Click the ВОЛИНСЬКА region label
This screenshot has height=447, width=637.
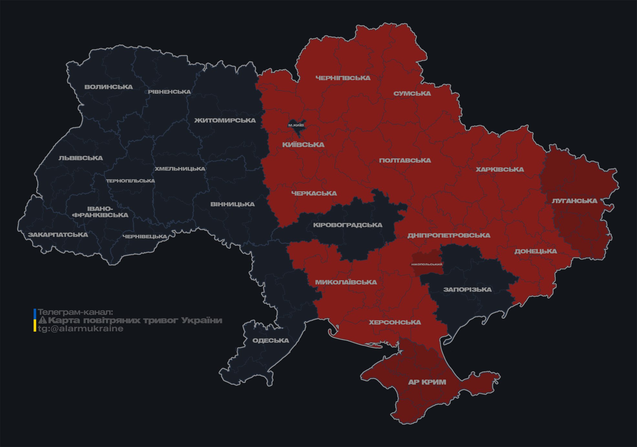[x=109, y=87]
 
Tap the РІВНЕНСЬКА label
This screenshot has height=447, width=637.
[x=169, y=92]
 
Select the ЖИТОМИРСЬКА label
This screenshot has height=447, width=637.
[x=225, y=121]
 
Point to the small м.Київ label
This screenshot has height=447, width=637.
[x=296, y=125]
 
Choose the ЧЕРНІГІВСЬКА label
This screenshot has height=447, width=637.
[x=343, y=78]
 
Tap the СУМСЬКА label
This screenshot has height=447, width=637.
[x=412, y=94]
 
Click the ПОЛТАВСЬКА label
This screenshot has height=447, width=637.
[x=405, y=161]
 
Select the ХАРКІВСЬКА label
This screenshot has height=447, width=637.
[x=500, y=170]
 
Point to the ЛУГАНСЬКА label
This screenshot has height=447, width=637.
[x=574, y=201]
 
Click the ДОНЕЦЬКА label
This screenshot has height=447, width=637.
[x=536, y=251]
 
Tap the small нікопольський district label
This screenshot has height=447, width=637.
[x=427, y=264]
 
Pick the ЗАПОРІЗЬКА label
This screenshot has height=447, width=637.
[x=467, y=290]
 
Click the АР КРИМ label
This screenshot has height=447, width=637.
[x=427, y=382]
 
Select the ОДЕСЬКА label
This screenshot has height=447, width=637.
[x=271, y=341]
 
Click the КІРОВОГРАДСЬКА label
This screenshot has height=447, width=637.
[x=347, y=225]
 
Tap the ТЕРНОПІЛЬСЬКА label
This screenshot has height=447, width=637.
[x=131, y=181]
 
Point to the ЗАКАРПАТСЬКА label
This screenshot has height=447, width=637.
[x=58, y=235]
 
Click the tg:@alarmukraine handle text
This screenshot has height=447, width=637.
[x=81, y=329]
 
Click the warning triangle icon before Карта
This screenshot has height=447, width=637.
[x=42, y=320]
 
